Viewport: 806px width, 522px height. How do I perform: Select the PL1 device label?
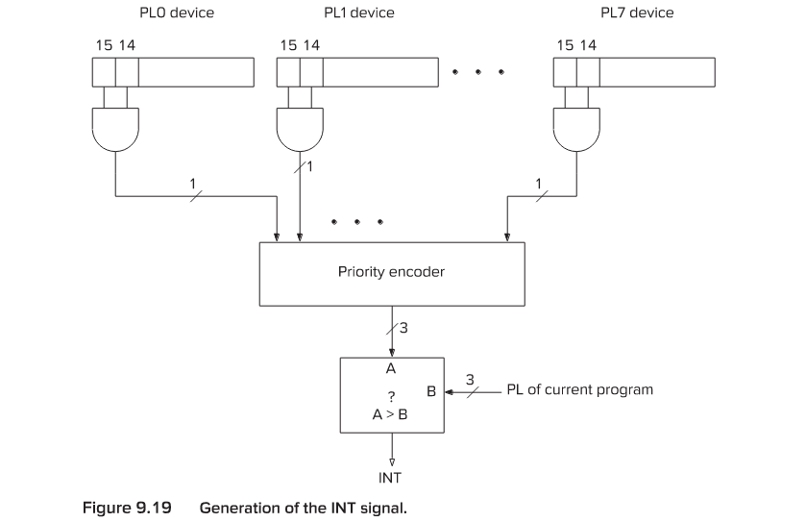click(x=358, y=13)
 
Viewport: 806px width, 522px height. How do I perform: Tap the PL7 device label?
click(x=636, y=13)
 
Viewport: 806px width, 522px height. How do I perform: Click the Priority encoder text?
click(x=391, y=272)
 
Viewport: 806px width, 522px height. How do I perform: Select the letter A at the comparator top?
click(x=391, y=368)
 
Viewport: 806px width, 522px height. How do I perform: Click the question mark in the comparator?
click(x=391, y=396)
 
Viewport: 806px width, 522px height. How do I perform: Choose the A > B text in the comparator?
click(x=391, y=414)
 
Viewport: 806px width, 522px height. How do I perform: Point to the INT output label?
click(x=391, y=476)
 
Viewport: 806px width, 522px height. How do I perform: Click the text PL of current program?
click(x=579, y=390)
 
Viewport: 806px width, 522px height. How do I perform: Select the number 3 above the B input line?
click(x=469, y=380)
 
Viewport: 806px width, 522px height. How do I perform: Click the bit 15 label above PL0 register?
click(x=104, y=45)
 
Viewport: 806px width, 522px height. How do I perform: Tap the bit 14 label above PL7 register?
click(x=589, y=45)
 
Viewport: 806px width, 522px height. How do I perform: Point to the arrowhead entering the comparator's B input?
click(x=447, y=391)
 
